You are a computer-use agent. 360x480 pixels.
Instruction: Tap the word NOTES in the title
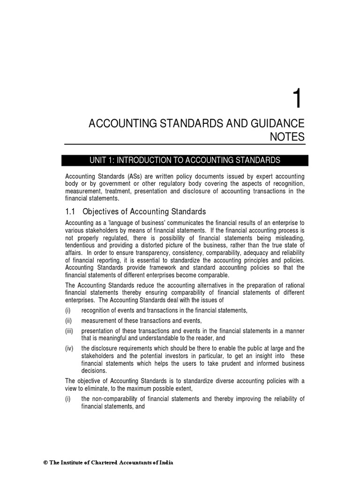[287, 137]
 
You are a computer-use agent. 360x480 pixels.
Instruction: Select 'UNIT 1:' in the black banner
[102, 160]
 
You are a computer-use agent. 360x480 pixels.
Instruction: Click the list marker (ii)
[69, 321]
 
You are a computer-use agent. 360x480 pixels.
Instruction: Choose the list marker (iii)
[69, 331]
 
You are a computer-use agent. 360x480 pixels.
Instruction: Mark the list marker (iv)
[69, 348]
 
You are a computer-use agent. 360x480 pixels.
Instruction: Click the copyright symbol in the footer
[45, 463]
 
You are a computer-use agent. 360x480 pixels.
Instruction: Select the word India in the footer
[165, 463]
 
